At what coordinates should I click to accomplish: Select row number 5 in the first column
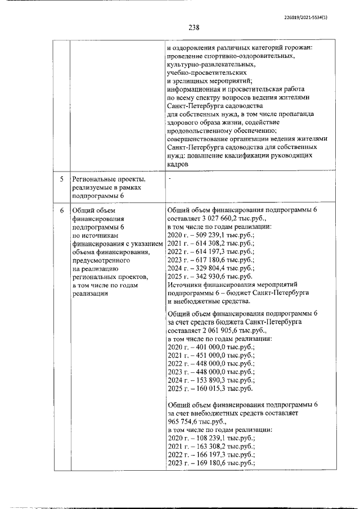click(x=62, y=179)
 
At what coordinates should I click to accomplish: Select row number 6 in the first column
click(x=62, y=210)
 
